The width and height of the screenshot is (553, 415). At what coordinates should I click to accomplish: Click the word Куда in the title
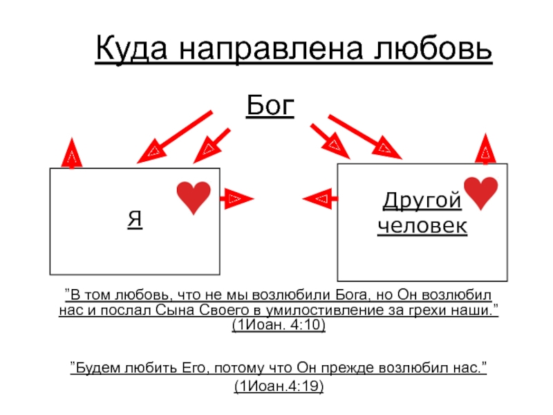pos(131,48)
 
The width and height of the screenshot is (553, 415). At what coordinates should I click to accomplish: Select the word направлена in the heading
pos(271,48)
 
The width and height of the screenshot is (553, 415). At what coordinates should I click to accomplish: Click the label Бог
pos(270,105)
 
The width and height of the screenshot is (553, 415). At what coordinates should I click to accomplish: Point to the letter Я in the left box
pos(135,219)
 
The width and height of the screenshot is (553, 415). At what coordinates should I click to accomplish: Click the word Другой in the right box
pos(422,201)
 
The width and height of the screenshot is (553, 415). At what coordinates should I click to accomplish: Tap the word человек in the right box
pos(422,225)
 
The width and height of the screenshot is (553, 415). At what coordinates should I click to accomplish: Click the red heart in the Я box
pos(194,198)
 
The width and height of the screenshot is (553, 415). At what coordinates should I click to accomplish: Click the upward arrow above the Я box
pos(72,152)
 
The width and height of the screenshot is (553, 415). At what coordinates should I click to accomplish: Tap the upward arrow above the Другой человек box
pos(486,149)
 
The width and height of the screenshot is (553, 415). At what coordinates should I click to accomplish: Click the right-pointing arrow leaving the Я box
pos(236,199)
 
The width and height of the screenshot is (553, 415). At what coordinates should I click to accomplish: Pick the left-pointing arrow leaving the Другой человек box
pos(320,199)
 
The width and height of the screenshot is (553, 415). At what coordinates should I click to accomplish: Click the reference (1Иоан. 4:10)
pos(279,324)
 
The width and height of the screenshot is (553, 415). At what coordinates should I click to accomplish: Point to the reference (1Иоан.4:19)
pos(279,386)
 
